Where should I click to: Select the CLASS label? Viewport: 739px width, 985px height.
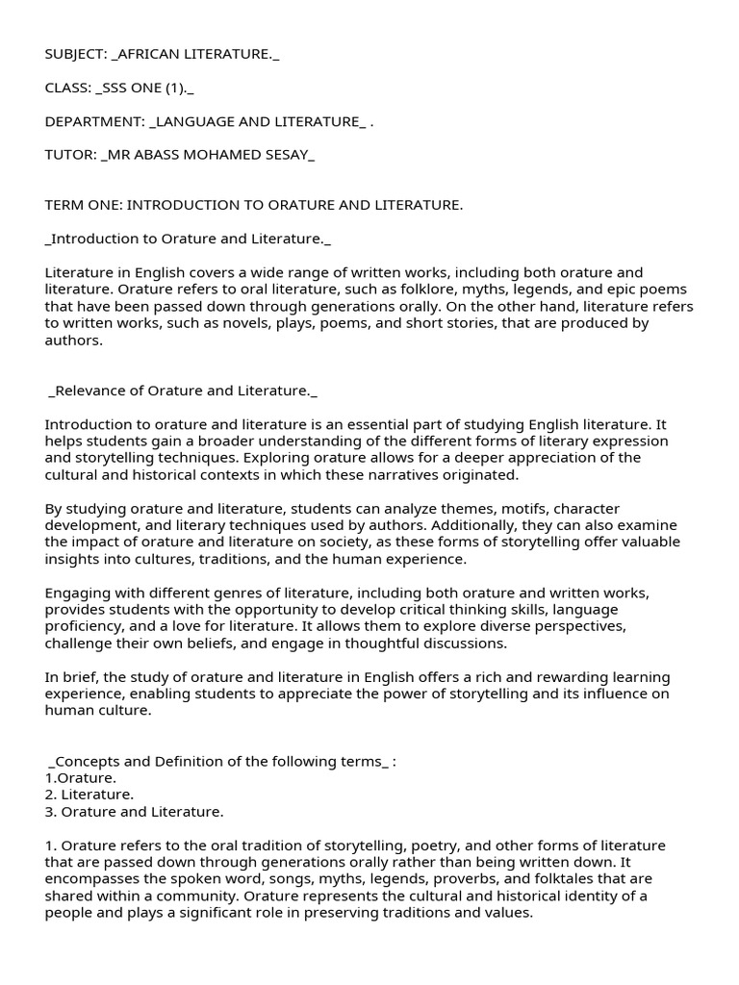65,87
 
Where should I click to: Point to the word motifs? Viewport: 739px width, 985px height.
453,508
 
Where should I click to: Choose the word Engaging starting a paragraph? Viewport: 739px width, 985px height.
78,593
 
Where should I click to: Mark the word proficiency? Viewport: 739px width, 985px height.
81,627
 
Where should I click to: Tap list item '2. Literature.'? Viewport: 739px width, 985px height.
89,795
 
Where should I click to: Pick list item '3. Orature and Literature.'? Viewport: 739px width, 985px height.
134,812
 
